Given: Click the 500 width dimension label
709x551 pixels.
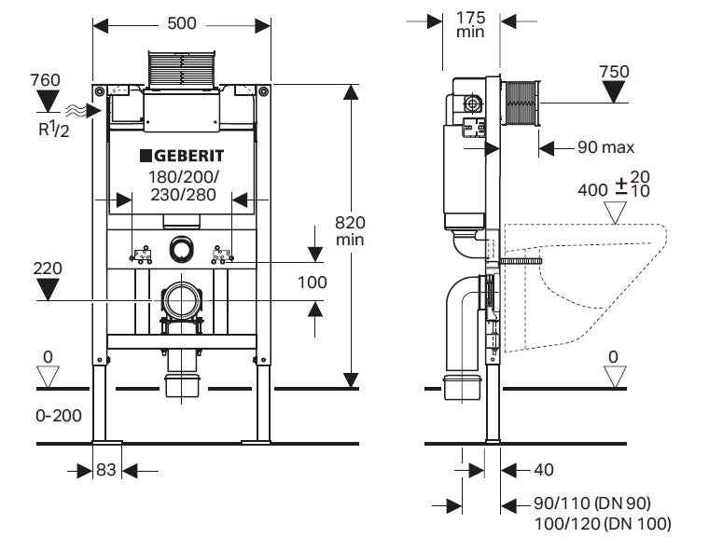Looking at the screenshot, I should [182, 22].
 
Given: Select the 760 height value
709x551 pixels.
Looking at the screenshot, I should [45, 80].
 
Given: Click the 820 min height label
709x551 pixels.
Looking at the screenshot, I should [351, 230].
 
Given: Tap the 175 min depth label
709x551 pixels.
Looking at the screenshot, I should [471, 23].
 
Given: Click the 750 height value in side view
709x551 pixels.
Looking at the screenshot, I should [614, 72].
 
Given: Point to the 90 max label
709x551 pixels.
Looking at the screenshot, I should [605, 146].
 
